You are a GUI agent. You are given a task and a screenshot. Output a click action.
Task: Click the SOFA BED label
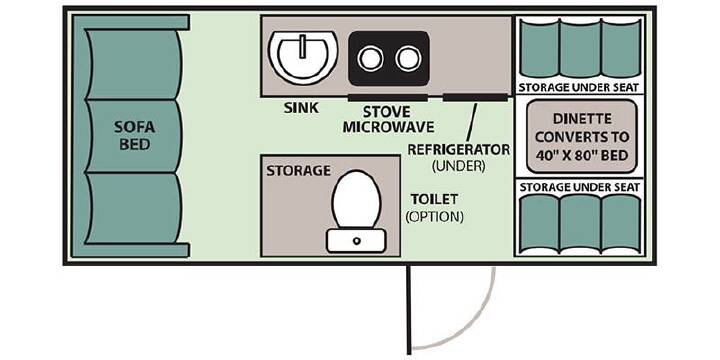pyautogui.click(x=135, y=135)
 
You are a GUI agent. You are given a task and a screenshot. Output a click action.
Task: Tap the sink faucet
pyautogui.click(x=303, y=46)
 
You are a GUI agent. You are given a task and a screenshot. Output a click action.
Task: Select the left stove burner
pyautogui.click(x=370, y=58)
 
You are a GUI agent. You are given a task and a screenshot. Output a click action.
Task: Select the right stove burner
pyautogui.click(x=408, y=58)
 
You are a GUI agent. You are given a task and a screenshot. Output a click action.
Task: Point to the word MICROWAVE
pyautogui.click(x=388, y=127)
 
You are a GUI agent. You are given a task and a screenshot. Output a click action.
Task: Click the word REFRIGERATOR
pyautogui.click(x=459, y=150)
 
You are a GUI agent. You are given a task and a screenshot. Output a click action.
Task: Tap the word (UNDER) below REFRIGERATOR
pyautogui.click(x=458, y=166)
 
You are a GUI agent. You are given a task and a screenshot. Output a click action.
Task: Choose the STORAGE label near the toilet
pyautogui.click(x=298, y=171)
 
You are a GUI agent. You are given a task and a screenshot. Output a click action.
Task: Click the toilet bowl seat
pyautogui.click(x=357, y=199)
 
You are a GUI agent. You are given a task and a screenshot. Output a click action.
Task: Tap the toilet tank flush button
pyautogui.click(x=356, y=241)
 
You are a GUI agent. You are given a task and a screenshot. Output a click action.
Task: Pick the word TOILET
pyautogui.click(x=434, y=199)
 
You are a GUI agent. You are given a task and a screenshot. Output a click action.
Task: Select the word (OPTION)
pyautogui.click(x=434, y=216)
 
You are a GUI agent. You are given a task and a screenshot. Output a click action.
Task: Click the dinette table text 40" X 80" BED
pyautogui.click(x=582, y=155)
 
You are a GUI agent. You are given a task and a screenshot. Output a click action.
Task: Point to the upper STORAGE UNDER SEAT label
pyautogui.click(x=579, y=88)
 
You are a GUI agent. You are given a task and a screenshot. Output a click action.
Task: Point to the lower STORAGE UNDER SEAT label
pyautogui.click(x=579, y=187)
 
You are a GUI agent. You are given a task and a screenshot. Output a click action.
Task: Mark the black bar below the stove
pyautogui.click(x=388, y=97)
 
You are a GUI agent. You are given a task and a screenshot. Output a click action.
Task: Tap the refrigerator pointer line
pyautogui.click(x=471, y=122)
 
